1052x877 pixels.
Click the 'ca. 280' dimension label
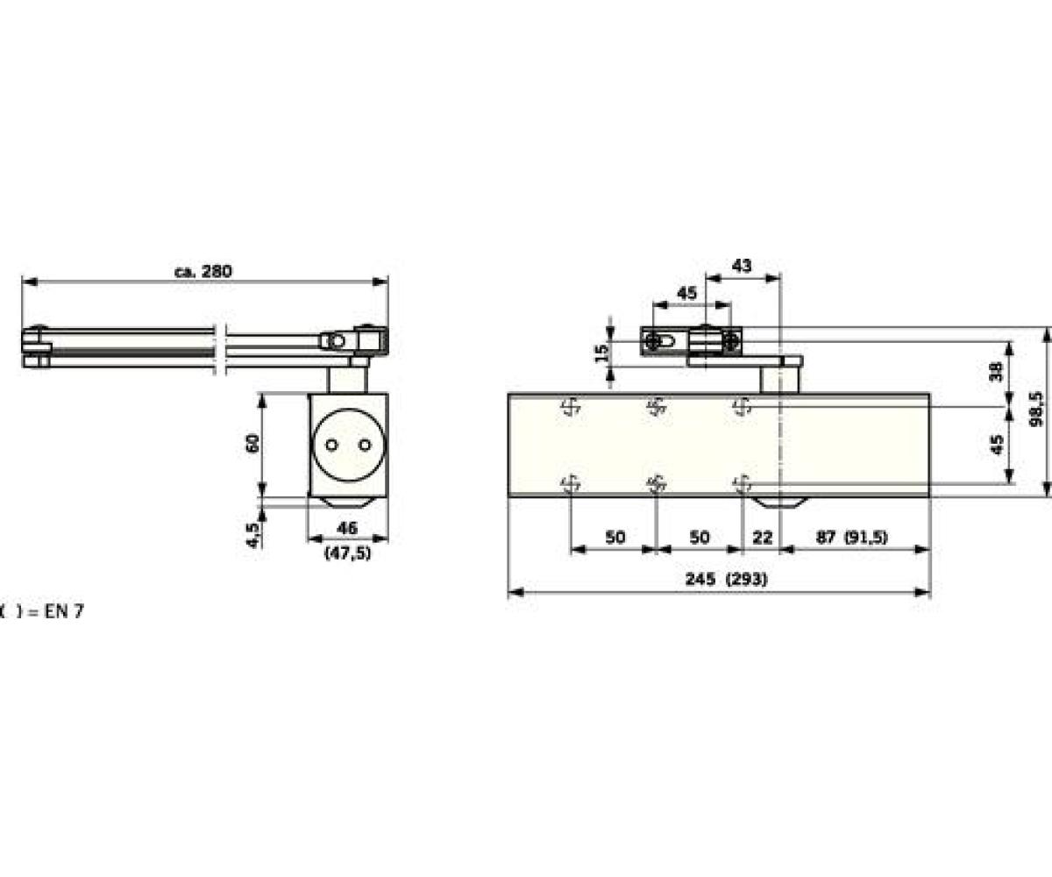(x=203, y=271)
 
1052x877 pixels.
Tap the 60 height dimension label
(x=252, y=443)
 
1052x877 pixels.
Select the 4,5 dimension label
(x=252, y=535)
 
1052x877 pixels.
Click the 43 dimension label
(x=742, y=265)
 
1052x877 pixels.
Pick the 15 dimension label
(x=601, y=353)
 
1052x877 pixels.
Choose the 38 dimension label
(x=996, y=372)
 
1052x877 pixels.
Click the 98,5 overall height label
(x=1036, y=410)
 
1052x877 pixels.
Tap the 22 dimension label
(x=762, y=538)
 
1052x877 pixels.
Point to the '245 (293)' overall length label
(x=726, y=579)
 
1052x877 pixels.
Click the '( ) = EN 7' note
(x=42, y=611)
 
